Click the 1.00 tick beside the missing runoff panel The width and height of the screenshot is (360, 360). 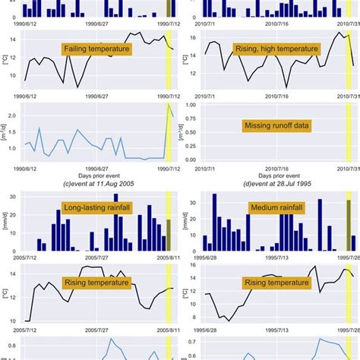tap(192, 106)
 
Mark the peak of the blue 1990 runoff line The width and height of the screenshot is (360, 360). tap(168, 105)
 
